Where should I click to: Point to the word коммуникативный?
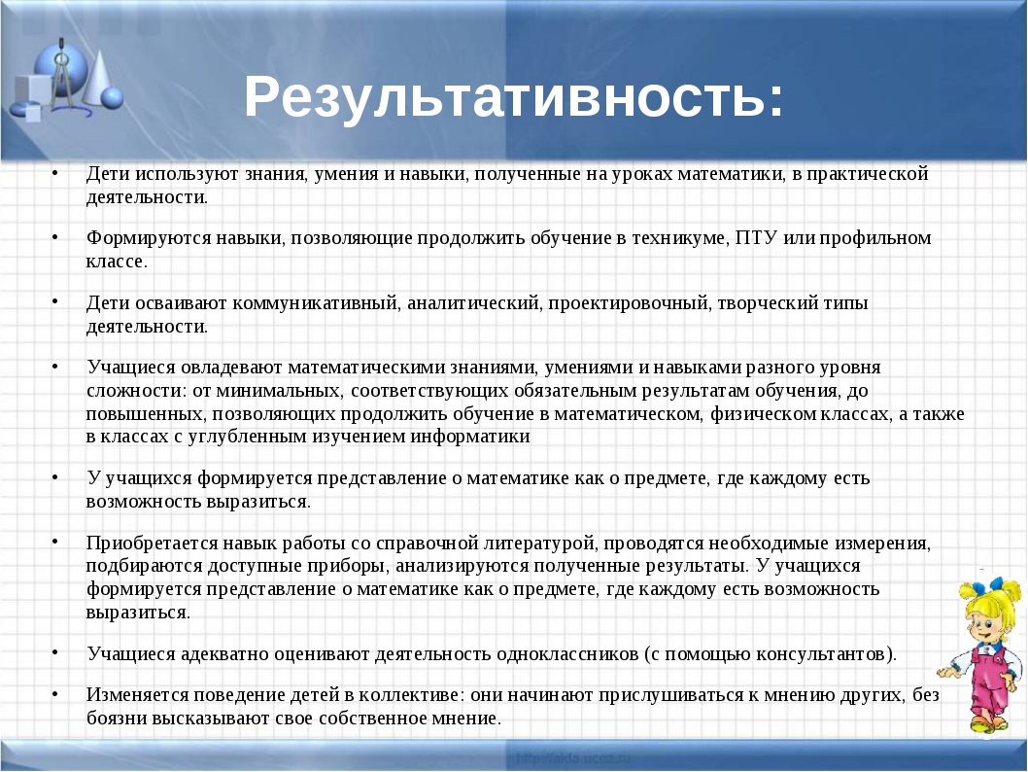(x=316, y=303)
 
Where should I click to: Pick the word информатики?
(x=470, y=437)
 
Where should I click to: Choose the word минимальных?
(x=279, y=391)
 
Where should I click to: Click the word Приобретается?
(x=153, y=544)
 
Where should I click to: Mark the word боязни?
(x=117, y=719)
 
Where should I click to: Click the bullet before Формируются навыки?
(x=55, y=237)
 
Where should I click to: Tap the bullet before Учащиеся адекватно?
(x=55, y=652)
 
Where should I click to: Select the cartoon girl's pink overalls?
(x=986, y=683)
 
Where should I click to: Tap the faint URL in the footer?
(x=573, y=759)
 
